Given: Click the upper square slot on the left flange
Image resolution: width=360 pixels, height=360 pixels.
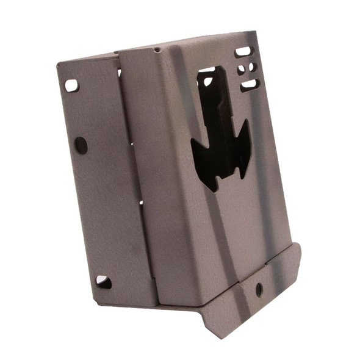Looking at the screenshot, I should (x=72, y=85).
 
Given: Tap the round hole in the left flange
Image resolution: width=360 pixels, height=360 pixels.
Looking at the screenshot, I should (x=81, y=145).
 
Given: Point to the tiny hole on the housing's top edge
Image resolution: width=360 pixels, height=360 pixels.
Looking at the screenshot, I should (x=157, y=49).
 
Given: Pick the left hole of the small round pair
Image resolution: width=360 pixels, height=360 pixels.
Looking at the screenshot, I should (x=240, y=67).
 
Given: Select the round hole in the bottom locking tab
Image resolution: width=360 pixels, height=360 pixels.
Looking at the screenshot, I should (x=259, y=289).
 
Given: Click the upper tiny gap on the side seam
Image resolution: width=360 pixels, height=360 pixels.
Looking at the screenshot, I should (x=132, y=143).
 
